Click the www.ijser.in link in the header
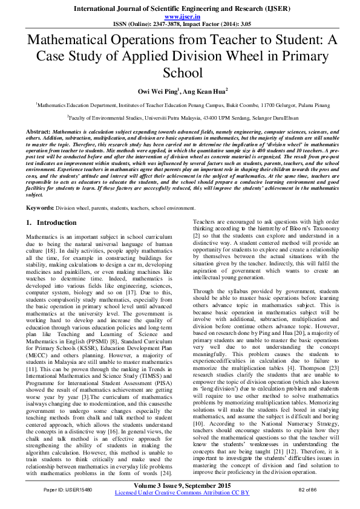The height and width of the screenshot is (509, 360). (180, 18)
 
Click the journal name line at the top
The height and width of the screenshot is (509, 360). (180, 10)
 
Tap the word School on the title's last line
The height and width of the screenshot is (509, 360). (180, 73)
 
